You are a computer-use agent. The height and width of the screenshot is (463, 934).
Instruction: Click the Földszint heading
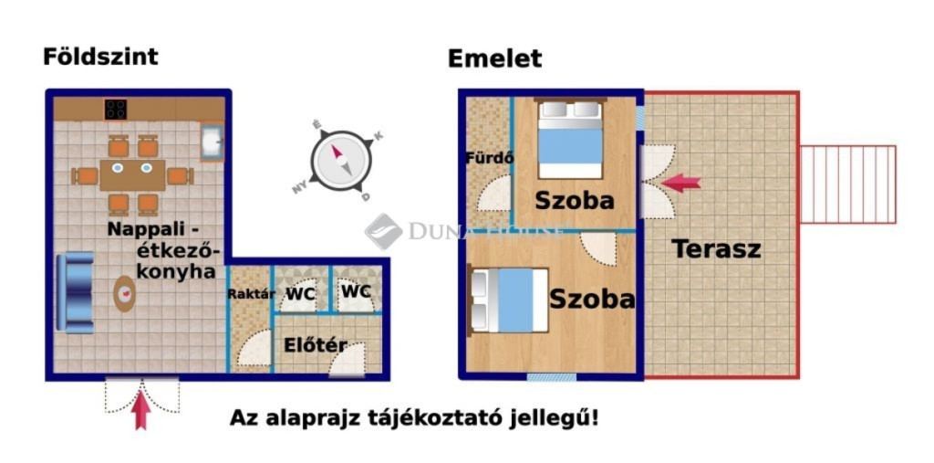point(100,57)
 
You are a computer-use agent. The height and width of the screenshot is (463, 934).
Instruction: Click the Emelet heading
point(494,58)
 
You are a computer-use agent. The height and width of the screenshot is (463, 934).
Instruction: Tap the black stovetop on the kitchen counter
point(116,110)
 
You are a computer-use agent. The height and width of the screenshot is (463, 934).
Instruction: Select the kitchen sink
point(212,142)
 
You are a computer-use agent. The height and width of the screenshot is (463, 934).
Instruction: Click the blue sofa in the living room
point(75,293)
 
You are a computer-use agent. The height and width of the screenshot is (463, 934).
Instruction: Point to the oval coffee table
point(124,293)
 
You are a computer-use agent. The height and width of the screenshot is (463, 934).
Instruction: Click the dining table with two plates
point(132,174)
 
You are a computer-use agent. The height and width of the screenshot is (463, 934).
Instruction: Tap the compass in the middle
point(341,160)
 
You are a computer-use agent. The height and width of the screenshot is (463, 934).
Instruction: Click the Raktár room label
point(251,293)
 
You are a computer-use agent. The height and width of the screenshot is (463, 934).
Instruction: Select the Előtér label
point(316,345)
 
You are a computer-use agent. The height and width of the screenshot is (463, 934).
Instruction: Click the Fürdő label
point(489,159)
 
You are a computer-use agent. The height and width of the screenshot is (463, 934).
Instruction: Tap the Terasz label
point(717,248)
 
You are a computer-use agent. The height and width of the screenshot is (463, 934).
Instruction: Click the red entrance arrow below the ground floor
point(140,409)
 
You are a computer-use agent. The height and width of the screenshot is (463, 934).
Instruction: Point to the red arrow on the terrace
point(681,182)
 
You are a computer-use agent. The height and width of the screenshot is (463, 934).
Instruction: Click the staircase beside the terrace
point(847,184)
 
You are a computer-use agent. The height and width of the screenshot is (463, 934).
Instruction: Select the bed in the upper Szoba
point(570,139)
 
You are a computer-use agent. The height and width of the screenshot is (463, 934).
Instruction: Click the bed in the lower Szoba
point(509,300)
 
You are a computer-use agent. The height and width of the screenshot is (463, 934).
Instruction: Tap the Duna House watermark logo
point(383,230)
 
